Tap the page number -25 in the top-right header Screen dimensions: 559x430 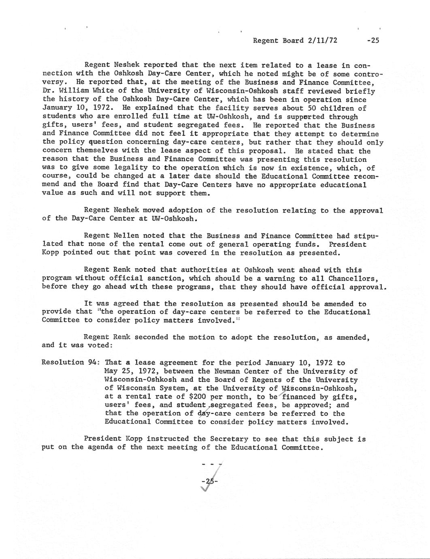371,41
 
